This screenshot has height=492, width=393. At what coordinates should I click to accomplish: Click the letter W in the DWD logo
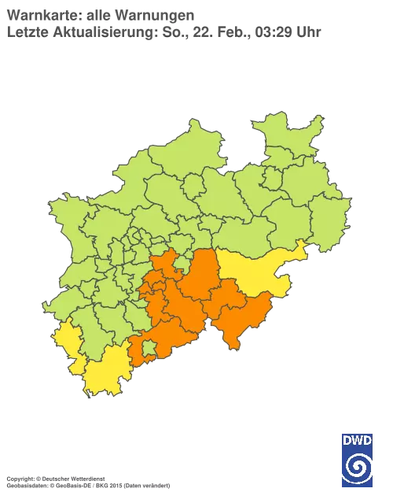pos(358,439)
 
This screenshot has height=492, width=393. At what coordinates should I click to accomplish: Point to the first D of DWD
pos(347,439)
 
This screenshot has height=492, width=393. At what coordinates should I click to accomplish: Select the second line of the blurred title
pos(157,32)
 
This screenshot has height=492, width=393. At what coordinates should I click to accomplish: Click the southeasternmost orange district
pos(240,319)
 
